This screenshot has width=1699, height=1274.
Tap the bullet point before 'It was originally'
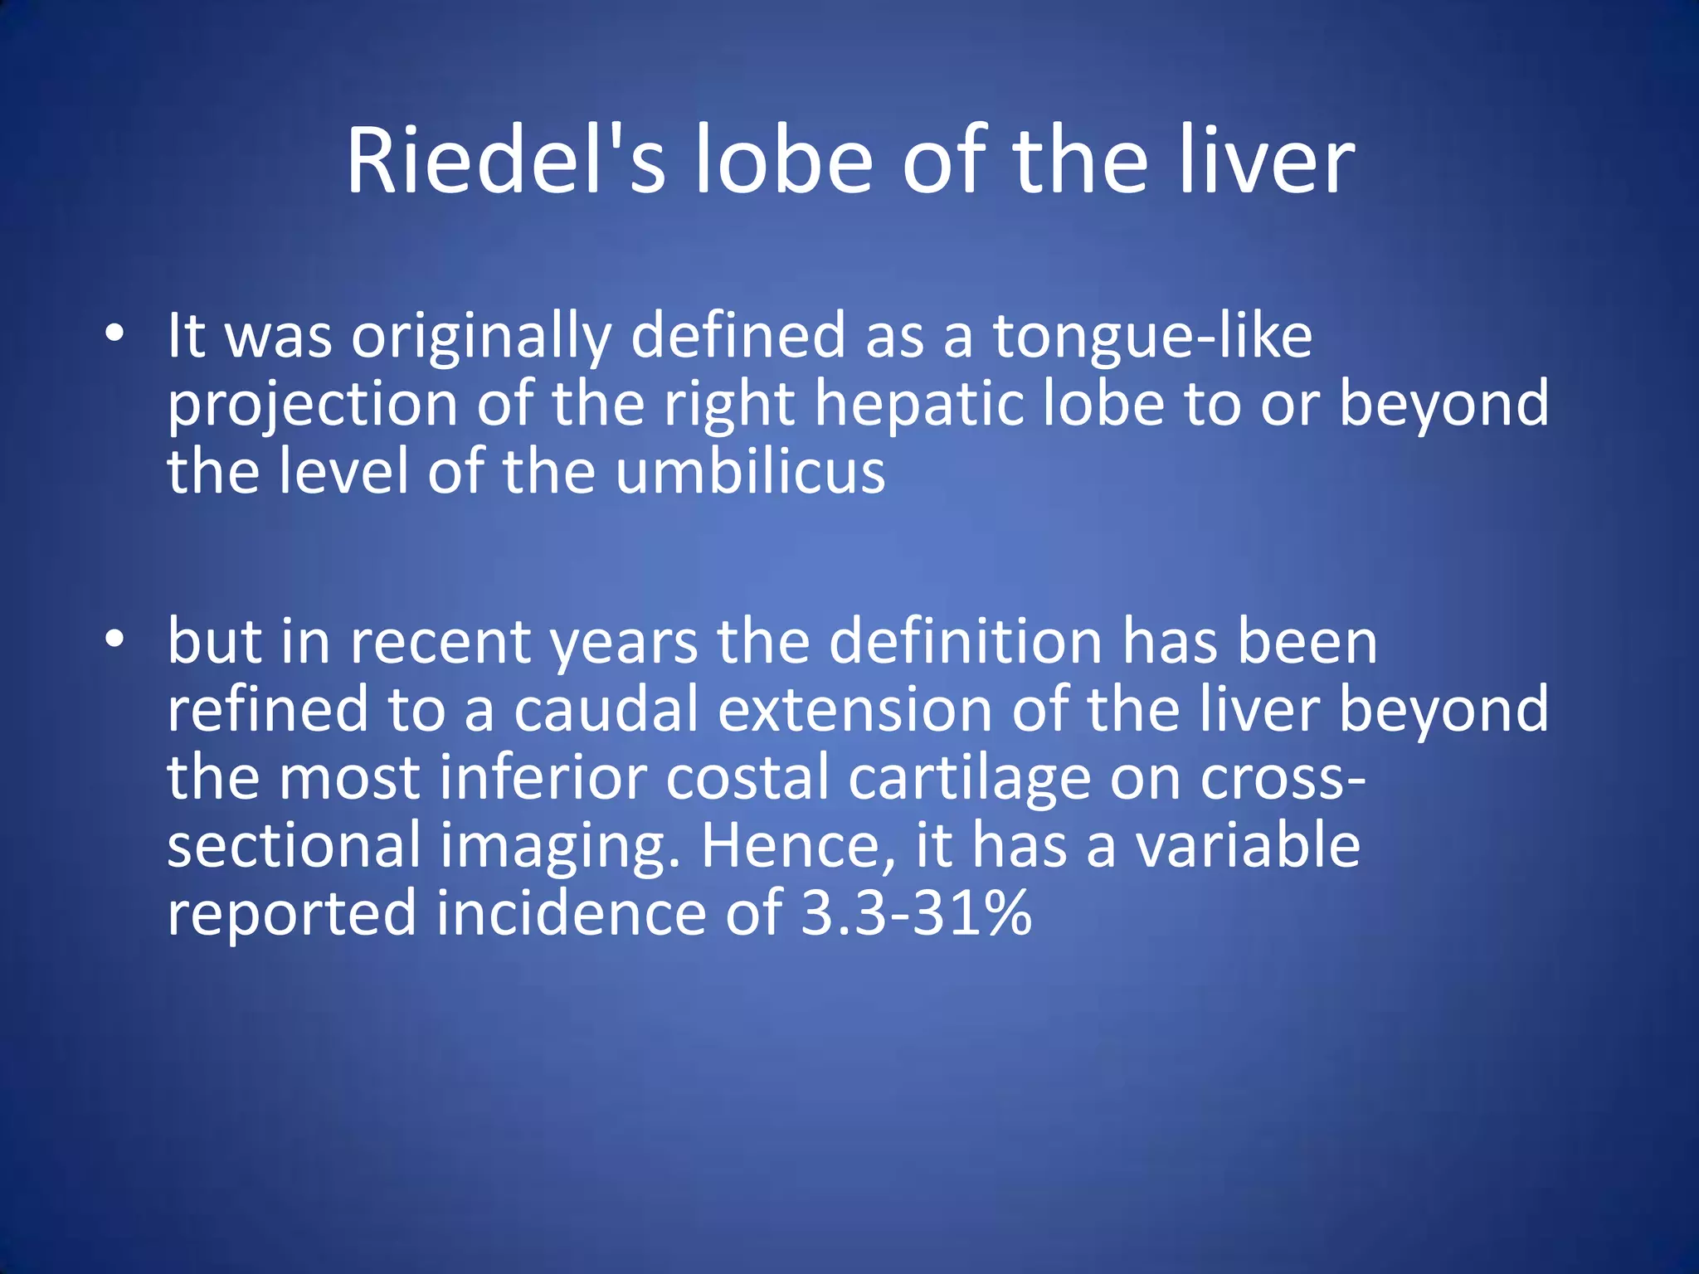point(114,334)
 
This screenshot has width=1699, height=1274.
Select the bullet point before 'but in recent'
point(114,639)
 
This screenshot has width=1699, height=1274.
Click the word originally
point(481,338)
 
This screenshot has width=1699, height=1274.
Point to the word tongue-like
point(1152,338)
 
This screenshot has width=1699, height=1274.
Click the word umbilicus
point(751,472)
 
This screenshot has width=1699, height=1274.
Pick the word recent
point(441,643)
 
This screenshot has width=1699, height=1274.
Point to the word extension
point(854,710)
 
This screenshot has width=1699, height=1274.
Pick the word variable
point(1248,846)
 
